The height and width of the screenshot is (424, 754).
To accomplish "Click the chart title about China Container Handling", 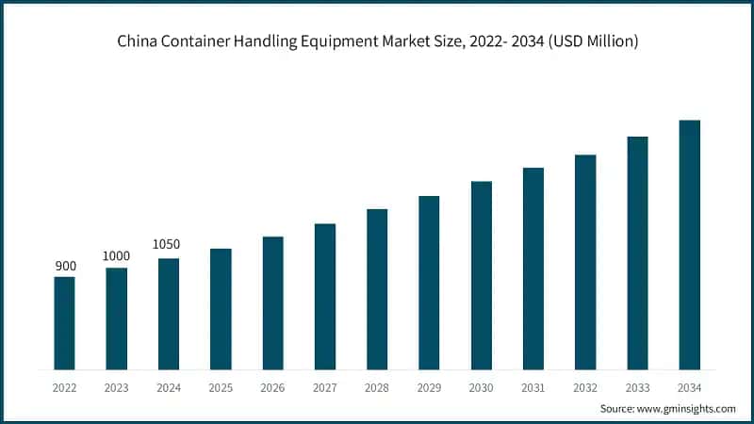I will pos(376,41).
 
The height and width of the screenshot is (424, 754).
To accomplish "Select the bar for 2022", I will pos(64,322).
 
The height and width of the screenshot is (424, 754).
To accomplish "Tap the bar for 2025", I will pos(221,308).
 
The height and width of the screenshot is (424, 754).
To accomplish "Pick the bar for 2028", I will pos(377,288).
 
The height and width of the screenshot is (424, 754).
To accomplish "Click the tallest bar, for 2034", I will pos(690,244).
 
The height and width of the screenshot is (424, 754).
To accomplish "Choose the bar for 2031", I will pos(533,268).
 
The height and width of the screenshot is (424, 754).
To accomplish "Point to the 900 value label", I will pos(65,266).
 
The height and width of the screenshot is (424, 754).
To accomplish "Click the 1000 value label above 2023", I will pos(117,256).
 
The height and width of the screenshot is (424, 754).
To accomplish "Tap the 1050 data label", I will pos(167,245).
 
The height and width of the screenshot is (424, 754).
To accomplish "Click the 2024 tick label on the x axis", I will pos(169,386).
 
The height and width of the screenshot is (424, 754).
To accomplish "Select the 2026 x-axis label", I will pos(272,386).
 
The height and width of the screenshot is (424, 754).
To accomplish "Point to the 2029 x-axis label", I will pos(429,386).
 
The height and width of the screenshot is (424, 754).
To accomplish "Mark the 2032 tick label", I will pos(585,386).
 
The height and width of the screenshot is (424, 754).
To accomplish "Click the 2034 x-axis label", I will pos(690,386).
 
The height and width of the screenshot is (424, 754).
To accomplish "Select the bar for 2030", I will pos(482,274).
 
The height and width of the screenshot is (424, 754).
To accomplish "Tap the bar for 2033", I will pos(638,253).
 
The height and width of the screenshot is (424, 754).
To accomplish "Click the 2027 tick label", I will pos(325,386).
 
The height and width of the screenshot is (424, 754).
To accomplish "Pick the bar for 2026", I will pos(273,302).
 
